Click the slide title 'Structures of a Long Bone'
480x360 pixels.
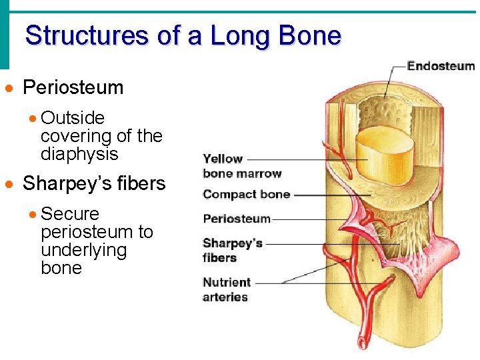point(183,35)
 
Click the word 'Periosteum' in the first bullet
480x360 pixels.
point(73,87)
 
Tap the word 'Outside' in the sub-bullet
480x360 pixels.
point(73,118)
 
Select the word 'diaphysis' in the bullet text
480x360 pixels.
point(79,154)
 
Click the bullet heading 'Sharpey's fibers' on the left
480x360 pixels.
point(94,183)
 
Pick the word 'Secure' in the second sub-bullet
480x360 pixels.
point(70,214)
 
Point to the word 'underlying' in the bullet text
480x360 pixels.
point(83,250)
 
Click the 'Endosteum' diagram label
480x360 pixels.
point(441,66)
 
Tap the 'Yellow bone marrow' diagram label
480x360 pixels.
point(242,166)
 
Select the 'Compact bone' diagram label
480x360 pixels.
point(246,195)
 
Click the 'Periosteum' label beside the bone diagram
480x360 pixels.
point(237,219)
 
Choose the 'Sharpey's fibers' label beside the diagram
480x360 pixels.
point(233,250)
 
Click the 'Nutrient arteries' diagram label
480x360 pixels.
point(227,289)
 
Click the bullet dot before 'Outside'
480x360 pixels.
point(33,119)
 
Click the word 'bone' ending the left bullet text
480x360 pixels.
point(61,268)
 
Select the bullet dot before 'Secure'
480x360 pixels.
point(33,215)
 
